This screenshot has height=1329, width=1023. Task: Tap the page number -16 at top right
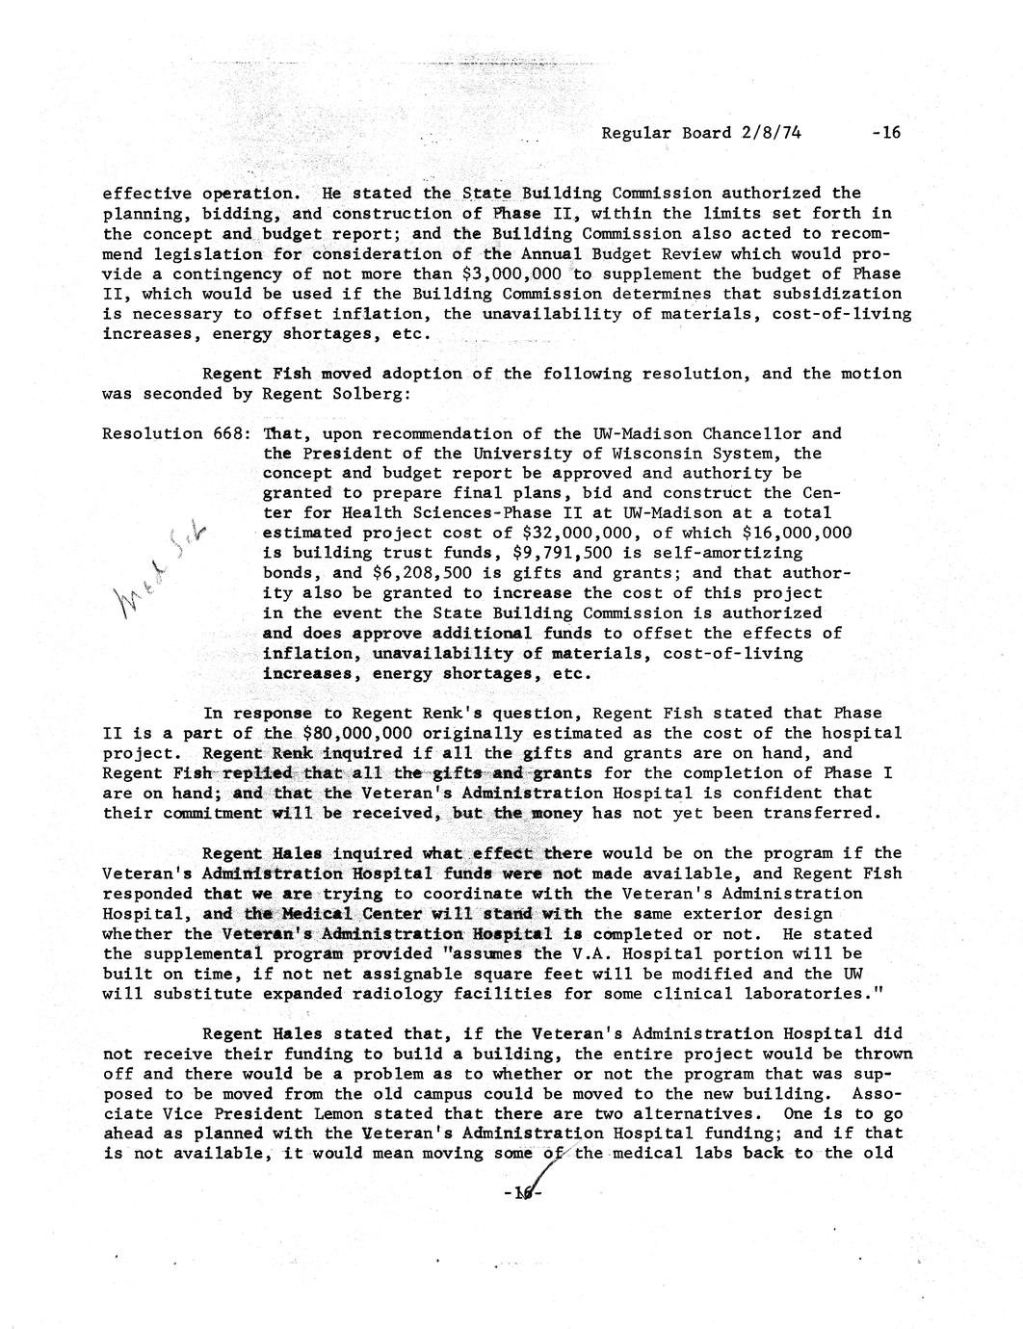click(x=884, y=133)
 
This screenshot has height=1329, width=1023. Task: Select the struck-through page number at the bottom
click(x=525, y=1194)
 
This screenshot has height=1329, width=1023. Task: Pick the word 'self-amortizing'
click(x=727, y=554)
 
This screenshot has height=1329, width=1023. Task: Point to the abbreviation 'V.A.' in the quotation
click(x=604, y=954)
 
